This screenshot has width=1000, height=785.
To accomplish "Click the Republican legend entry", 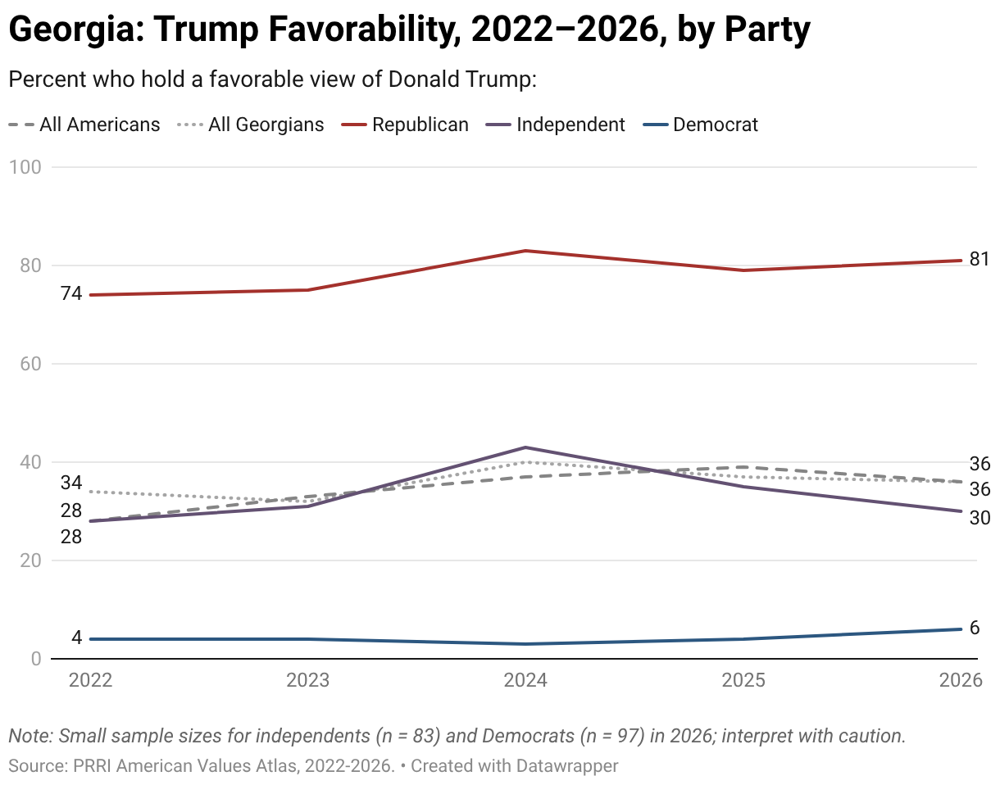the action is (x=405, y=125).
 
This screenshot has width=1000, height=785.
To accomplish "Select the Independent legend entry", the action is (x=556, y=125).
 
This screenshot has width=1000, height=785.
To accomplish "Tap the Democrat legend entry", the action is (x=701, y=125).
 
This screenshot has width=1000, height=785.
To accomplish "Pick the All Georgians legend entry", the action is (x=251, y=125).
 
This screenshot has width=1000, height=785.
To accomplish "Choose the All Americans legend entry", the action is (x=84, y=125).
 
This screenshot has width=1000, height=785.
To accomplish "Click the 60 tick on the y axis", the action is (x=31, y=364).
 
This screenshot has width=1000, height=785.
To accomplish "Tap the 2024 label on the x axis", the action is (x=525, y=680).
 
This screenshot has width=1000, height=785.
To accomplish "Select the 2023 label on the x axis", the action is (x=308, y=680).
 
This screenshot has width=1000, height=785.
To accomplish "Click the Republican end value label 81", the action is (x=980, y=260).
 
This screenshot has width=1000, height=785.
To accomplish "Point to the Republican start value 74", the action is (x=71, y=293).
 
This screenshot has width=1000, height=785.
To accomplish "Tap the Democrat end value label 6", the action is (x=975, y=628).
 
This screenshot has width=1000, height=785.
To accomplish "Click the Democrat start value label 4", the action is (x=76, y=638).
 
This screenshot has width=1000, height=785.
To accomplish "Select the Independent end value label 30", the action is (x=980, y=518).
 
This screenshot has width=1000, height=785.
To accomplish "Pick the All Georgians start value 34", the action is (x=71, y=483).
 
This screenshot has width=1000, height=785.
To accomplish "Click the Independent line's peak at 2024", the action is (x=525, y=447).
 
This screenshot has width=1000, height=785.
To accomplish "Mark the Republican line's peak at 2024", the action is (x=525, y=251).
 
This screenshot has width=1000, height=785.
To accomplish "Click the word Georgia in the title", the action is (x=74, y=29).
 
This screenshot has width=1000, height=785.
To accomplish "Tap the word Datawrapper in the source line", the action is (x=567, y=765).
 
